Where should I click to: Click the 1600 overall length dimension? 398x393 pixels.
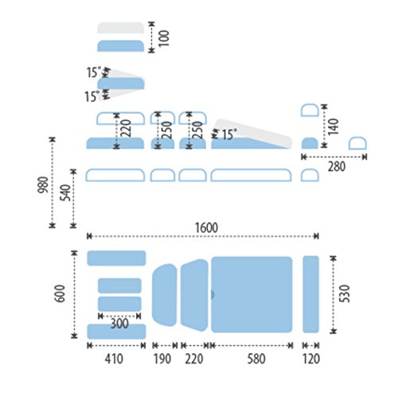206,228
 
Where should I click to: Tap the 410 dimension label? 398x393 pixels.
114,359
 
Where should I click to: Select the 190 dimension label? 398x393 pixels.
162,359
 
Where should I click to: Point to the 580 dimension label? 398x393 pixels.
256,359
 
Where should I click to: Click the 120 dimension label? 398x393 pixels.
311,359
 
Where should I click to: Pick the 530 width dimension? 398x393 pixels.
345,294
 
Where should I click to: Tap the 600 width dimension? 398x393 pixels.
60,294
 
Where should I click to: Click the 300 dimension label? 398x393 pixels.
119,324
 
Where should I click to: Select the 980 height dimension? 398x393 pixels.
43,185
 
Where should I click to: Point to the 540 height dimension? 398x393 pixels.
65,193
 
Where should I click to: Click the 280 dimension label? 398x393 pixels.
337,166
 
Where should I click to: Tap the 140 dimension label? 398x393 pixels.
334,127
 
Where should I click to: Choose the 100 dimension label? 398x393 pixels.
164,38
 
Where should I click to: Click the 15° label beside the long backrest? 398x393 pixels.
228,134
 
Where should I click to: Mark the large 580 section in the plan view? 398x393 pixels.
252,294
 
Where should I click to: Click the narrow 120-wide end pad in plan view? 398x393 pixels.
310,294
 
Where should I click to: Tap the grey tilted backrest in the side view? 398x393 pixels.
253,133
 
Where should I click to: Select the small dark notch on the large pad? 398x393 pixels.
213,294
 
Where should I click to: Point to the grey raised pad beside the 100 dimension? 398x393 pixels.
120,28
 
